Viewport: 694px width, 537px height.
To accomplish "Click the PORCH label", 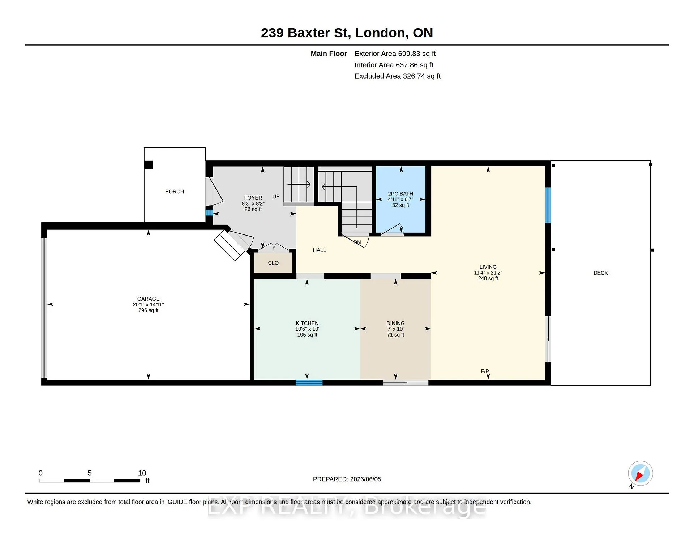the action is tap(175, 191).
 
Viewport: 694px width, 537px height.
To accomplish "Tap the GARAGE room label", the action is tap(148, 299).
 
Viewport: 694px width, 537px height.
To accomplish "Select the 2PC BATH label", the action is tap(400, 194).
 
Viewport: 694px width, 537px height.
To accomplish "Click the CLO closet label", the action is tap(273, 263).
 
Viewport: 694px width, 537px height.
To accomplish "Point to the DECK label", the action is tap(601, 273).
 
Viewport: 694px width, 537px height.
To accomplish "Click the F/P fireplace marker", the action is tap(485, 372).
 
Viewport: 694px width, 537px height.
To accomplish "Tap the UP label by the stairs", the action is tap(276, 196).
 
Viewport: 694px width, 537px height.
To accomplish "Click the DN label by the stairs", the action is tap(357, 242).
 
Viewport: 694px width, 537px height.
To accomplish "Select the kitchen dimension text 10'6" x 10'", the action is tap(307, 329).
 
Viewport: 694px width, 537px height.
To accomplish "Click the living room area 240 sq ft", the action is tap(488, 279).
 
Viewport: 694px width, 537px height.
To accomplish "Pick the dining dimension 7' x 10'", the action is tap(395, 329).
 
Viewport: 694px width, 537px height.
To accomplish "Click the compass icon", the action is tap(640, 474).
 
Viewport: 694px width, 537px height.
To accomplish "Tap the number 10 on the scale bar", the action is tap(142, 473).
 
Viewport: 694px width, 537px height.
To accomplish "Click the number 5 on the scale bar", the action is tap(90, 473).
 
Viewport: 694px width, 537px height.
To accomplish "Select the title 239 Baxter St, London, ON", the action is tap(347, 33).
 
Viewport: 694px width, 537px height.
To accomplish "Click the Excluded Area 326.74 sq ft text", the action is tap(398, 76).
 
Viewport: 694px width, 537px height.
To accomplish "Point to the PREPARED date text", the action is tap(347, 479).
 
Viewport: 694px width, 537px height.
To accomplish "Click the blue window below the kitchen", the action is tap(309, 383).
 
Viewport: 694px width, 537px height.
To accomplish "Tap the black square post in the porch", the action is tap(148, 165).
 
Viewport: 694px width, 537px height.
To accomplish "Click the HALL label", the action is tap(319, 250).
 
